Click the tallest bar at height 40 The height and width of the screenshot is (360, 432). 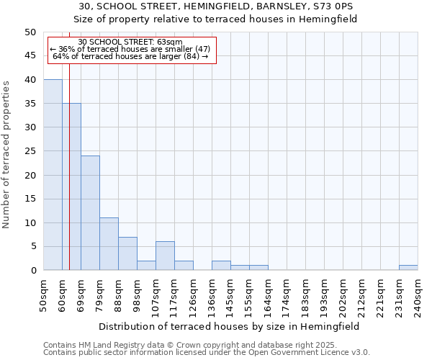(x=53, y=175)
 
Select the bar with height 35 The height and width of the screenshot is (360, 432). (x=71, y=186)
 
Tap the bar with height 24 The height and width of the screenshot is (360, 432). (x=90, y=213)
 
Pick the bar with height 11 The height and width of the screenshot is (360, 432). (x=109, y=244)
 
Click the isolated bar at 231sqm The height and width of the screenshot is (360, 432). (x=408, y=268)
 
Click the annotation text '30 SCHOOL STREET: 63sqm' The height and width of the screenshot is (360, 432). (x=130, y=42)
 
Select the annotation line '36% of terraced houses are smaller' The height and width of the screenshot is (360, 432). (x=130, y=49)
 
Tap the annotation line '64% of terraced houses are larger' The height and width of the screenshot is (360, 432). (x=130, y=56)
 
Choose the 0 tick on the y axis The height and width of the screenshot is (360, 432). (x=32, y=271)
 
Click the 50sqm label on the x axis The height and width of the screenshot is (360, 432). (x=44, y=296)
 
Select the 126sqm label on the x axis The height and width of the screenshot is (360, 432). (x=194, y=296)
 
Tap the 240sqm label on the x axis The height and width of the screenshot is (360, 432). (x=418, y=296)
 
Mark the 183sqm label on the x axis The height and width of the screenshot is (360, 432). (x=306, y=296)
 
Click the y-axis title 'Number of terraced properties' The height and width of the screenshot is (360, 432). (x=7, y=154)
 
